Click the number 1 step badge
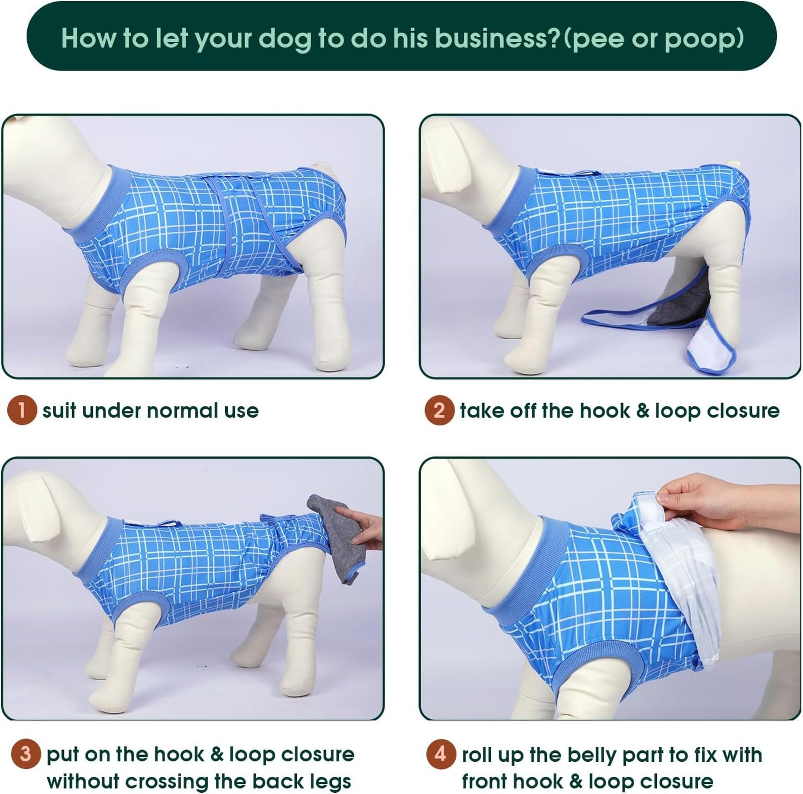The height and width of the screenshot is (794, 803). click(22, 411)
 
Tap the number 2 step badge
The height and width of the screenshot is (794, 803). click(439, 411)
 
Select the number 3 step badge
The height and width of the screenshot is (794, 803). click(26, 755)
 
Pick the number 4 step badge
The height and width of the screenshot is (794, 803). click(441, 755)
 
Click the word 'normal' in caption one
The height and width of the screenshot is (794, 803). click(182, 411)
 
